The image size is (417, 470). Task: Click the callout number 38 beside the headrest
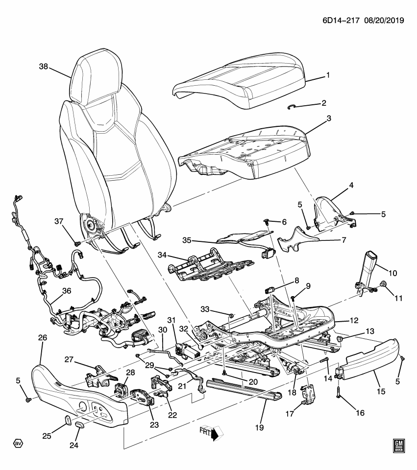click(x=43, y=68)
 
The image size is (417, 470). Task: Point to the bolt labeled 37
click(x=76, y=243)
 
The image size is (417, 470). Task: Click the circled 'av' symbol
click(x=18, y=444)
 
